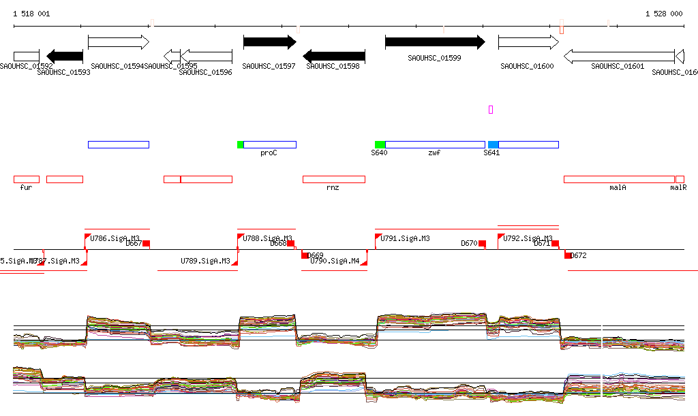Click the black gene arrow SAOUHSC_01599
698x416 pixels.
(434, 42)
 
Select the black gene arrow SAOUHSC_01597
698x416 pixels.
(269, 42)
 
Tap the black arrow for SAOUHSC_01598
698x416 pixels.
(333, 56)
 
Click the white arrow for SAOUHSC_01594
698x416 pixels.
(118, 42)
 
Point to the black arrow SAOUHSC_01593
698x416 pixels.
(64, 56)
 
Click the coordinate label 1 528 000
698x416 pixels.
(663, 14)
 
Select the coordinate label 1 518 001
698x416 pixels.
(31, 14)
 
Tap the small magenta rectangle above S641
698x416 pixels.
(491, 109)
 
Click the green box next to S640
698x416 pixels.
(380, 144)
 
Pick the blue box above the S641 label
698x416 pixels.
(493, 144)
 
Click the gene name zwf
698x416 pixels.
(434, 153)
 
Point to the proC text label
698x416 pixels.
(269, 153)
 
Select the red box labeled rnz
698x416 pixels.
(333, 179)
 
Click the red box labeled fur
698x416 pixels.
(26, 179)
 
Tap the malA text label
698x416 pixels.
(618, 187)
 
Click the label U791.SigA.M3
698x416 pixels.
(405, 238)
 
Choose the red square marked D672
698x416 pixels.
(568, 255)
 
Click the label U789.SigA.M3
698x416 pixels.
(205, 261)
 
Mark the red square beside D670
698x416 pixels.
(482, 243)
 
